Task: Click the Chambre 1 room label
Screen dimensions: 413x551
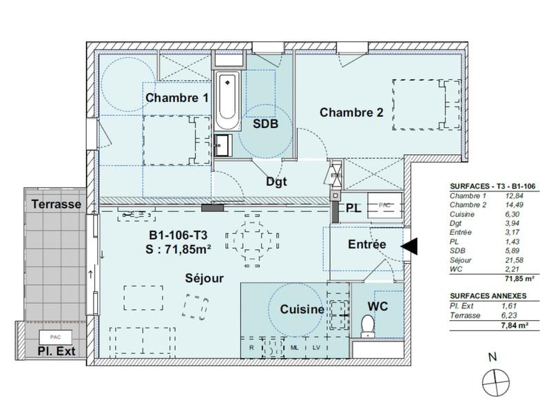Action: coord(177,98)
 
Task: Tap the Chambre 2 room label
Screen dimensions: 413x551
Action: coord(351,112)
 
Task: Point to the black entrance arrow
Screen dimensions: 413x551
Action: coord(409,245)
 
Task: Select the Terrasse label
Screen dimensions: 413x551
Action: coord(56,204)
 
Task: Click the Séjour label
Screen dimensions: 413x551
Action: coord(205,278)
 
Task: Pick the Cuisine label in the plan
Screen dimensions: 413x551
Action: coord(302,310)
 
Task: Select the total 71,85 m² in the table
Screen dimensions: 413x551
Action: coord(516,279)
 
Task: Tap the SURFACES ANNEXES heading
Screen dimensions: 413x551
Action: coord(488,295)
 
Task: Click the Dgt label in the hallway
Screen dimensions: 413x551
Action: coord(276,182)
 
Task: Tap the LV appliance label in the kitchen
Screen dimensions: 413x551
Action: coord(316,348)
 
